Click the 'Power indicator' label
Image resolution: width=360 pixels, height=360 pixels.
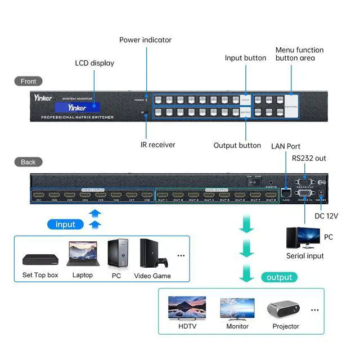(x=145, y=40)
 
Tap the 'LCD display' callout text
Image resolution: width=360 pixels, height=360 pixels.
(x=94, y=63)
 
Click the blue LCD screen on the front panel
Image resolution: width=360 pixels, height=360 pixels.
(x=78, y=107)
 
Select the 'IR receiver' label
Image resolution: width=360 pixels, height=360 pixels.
(x=157, y=145)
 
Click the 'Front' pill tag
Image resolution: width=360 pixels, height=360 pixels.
(x=28, y=82)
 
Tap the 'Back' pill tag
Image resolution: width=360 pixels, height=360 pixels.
(x=28, y=162)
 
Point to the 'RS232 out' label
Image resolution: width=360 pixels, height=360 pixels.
(x=309, y=158)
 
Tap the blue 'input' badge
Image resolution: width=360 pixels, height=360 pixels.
(x=65, y=224)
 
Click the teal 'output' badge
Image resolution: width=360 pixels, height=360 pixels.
(x=280, y=277)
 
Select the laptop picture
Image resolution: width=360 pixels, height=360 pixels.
(x=82, y=254)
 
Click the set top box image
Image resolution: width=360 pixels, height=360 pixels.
(x=40, y=259)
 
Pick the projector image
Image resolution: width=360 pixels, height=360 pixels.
(x=285, y=308)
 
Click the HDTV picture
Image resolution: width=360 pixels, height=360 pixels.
(x=187, y=308)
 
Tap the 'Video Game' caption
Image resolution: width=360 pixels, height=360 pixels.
(x=152, y=276)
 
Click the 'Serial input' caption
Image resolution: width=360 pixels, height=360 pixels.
(x=305, y=256)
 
